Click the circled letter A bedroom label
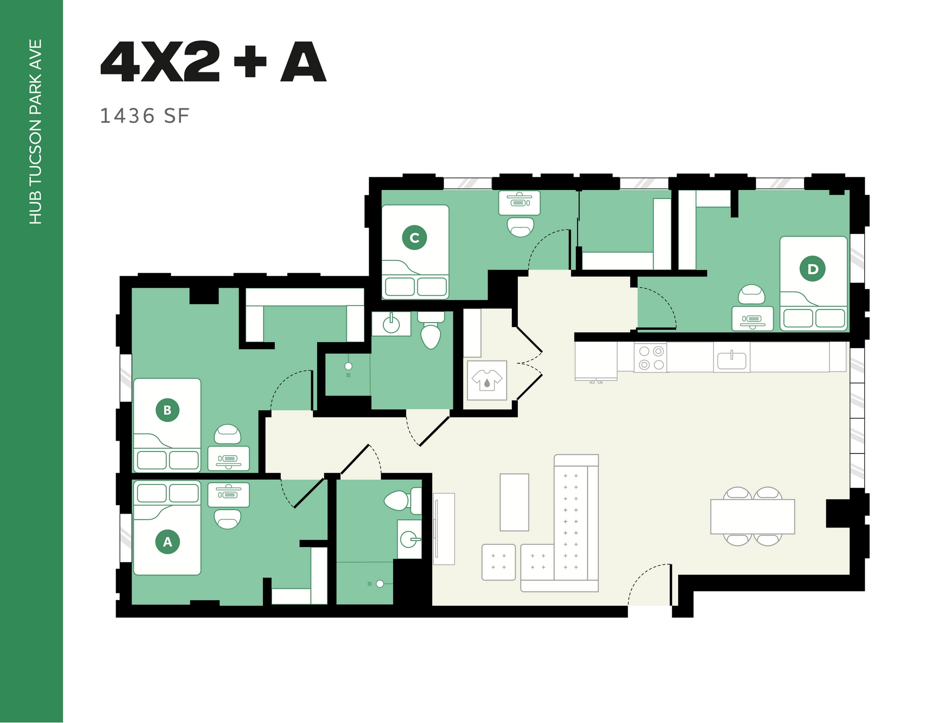pyautogui.click(x=167, y=542)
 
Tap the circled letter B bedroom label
pyautogui.click(x=167, y=410)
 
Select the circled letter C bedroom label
pyautogui.click(x=415, y=237)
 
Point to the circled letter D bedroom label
pyautogui.click(x=812, y=269)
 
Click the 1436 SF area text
pyautogui.click(x=144, y=116)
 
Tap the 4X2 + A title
pyautogui.click(x=213, y=62)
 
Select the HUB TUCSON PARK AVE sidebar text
pyautogui.click(x=36, y=132)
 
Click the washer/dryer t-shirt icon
pyautogui.click(x=487, y=380)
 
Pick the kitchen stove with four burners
pyautogui.click(x=651, y=358)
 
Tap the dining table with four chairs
pyautogui.click(x=752, y=517)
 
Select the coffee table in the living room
pyautogui.click(x=514, y=502)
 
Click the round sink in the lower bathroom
pyautogui.click(x=408, y=539)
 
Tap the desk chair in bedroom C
pyautogui.click(x=521, y=227)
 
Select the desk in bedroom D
pyautogui.click(x=752, y=318)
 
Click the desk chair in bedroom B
pyautogui.click(x=228, y=434)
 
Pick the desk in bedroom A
pyautogui.click(x=229, y=495)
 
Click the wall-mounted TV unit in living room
pyautogui.click(x=443, y=528)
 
